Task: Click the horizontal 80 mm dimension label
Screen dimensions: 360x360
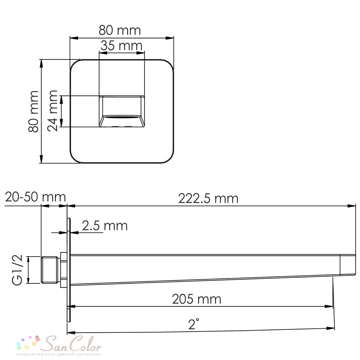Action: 120,30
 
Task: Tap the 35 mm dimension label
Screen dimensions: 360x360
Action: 121,45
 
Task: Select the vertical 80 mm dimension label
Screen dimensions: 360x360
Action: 33,111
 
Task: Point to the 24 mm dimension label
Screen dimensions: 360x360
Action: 52,111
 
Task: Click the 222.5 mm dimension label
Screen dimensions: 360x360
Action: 208,198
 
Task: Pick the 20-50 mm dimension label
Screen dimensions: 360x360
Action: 35,197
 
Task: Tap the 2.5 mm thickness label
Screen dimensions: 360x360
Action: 105,226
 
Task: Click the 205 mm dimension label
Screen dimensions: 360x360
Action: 197,299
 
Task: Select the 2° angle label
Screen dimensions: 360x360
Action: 194,324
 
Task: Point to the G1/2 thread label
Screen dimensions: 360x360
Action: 17,270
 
